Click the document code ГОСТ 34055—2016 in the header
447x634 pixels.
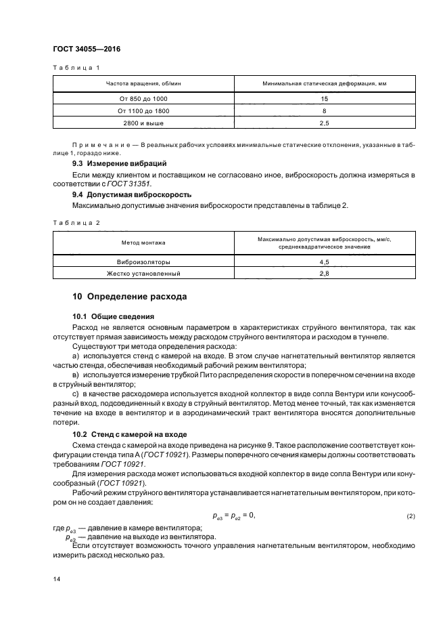(x=82, y=49)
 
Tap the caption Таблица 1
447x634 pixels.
(x=76, y=68)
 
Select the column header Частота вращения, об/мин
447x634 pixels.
(x=143, y=84)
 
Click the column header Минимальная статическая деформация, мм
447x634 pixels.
(x=324, y=84)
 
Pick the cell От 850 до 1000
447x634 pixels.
(x=143, y=98)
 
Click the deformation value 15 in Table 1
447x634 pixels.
(x=324, y=98)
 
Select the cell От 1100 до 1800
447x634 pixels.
(x=143, y=110)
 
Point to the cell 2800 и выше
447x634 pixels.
(x=143, y=123)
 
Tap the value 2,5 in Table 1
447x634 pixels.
(x=324, y=123)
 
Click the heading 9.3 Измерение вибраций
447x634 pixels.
(x=119, y=164)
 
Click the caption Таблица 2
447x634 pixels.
(x=76, y=222)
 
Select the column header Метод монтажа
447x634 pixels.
(x=143, y=242)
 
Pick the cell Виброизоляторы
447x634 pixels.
(x=143, y=261)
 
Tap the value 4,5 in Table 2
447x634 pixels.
(x=324, y=261)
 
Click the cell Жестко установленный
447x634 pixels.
(x=143, y=274)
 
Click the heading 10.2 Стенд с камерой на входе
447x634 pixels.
(x=131, y=434)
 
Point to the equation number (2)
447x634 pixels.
(x=410, y=517)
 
